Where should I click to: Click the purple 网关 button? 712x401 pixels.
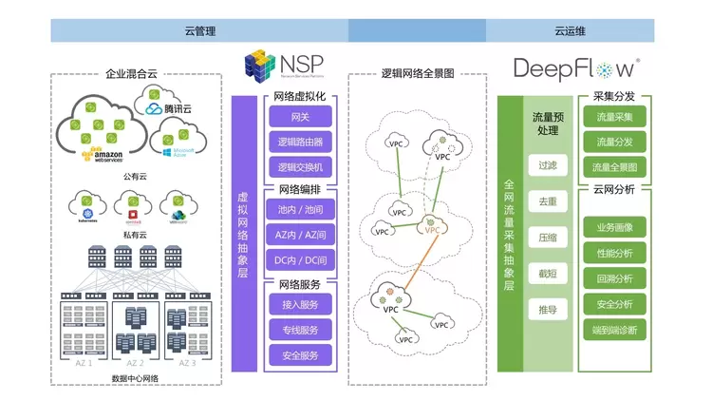click(x=300, y=116)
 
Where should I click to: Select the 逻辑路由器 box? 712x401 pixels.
click(x=300, y=142)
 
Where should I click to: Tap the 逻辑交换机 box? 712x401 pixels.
click(x=300, y=167)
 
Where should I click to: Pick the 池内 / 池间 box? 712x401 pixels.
click(x=300, y=208)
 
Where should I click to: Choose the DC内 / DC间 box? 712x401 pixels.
click(x=300, y=259)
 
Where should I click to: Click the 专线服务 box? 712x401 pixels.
click(x=300, y=331)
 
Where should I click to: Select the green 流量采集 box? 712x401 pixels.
click(x=614, y=117)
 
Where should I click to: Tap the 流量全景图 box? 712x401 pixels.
click(x=614, y=167)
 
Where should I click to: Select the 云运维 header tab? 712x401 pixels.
click(x=571, y=30)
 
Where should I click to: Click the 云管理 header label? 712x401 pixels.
click(x=199, y=30)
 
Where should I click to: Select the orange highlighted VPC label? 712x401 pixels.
click(x=433, y=230)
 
